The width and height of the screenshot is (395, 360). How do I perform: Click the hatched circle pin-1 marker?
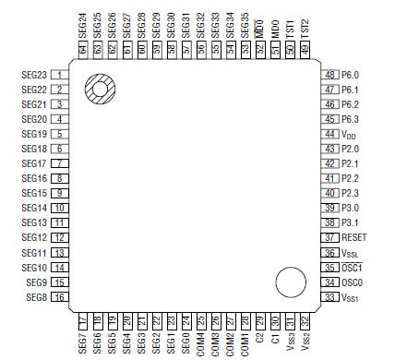coord(98,90)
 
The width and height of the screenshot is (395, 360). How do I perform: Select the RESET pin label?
coord(354,237)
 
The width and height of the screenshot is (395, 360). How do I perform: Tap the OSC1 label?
coord(353,268)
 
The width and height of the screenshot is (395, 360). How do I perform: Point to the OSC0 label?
coord(353,282)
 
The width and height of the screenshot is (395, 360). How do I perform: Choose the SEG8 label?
coord(36,297)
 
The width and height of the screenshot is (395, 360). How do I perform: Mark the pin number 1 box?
coord(60,74)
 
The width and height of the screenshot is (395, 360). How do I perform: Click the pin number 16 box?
coord(59,297)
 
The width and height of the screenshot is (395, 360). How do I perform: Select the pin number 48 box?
coord(329,74)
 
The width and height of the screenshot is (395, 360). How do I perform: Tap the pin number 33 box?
coord(329,297)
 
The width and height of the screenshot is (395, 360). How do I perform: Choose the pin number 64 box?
coord(82,48)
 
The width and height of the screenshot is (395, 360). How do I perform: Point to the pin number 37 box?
coord(329,237)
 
